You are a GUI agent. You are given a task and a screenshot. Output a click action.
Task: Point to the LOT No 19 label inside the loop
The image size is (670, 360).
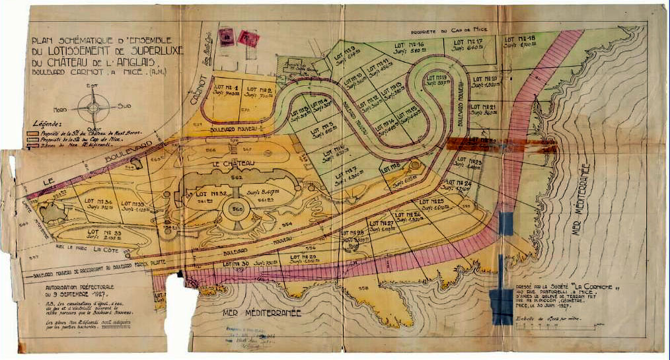pos(437,78)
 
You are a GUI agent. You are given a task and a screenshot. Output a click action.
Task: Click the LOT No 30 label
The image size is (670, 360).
pos(236,264)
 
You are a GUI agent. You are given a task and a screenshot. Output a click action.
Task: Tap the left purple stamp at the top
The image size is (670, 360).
pos(227,38)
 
